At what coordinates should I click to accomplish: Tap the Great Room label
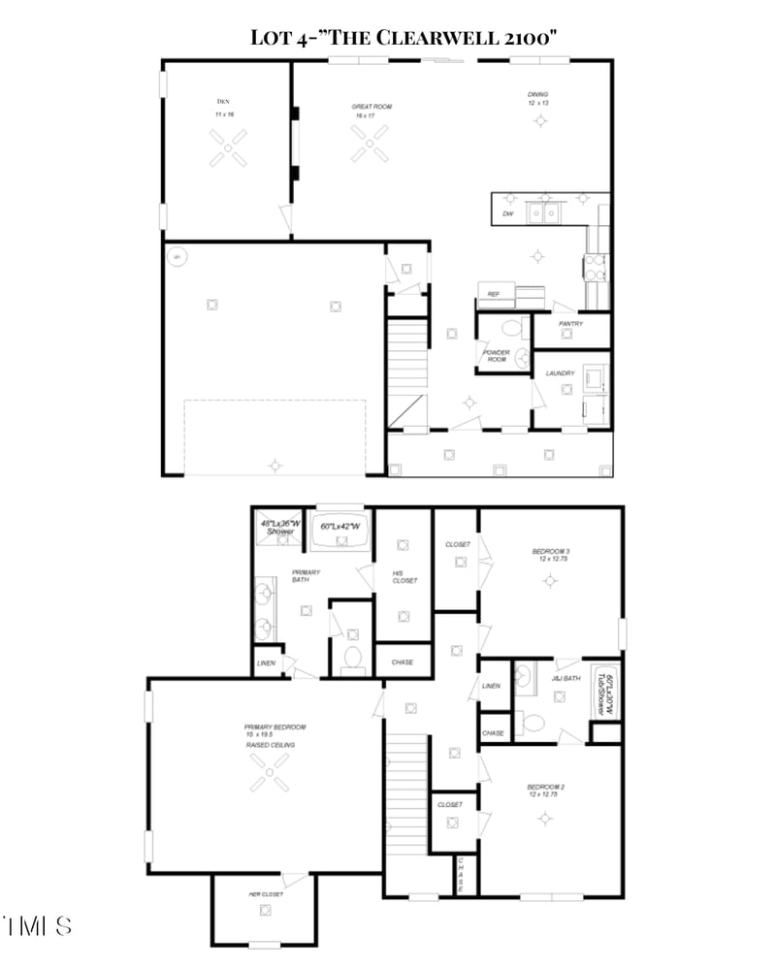[371, 106]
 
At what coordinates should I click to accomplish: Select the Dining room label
[538, 96]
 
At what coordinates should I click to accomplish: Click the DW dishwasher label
[507, 213]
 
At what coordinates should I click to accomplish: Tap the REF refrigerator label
[493, 293]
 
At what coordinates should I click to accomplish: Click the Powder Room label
[496, 356]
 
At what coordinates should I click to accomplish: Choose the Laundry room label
[560, 373]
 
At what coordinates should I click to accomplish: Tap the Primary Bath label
[307, 576]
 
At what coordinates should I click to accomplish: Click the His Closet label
[404, 576]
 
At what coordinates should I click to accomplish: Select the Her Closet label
[266, 893]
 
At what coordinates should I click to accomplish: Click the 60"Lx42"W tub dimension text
[341, 526]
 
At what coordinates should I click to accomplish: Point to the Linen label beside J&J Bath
[491, 686]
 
